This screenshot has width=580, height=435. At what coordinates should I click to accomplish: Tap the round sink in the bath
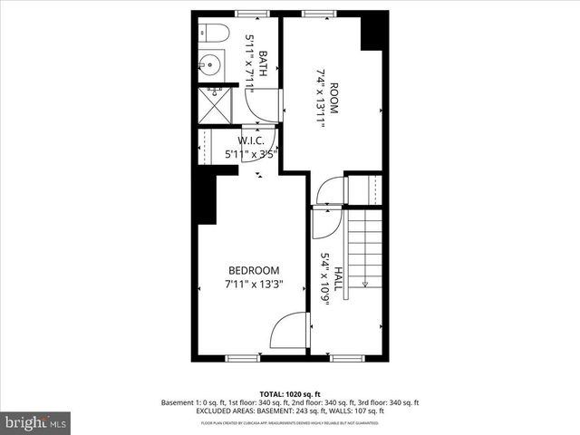[209, 65]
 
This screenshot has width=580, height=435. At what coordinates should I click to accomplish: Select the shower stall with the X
[214, 103]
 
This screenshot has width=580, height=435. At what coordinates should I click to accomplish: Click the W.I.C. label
[250, 140]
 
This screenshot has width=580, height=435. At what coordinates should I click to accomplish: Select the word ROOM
[333, 98]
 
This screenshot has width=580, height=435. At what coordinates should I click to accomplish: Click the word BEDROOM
[254, 270]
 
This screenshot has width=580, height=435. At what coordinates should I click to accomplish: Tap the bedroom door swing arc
[288, 331]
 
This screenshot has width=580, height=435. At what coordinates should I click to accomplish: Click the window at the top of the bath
[246, 14]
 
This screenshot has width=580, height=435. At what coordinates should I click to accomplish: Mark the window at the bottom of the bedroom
[242, 358]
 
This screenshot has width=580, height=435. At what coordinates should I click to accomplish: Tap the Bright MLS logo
[36, 422]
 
